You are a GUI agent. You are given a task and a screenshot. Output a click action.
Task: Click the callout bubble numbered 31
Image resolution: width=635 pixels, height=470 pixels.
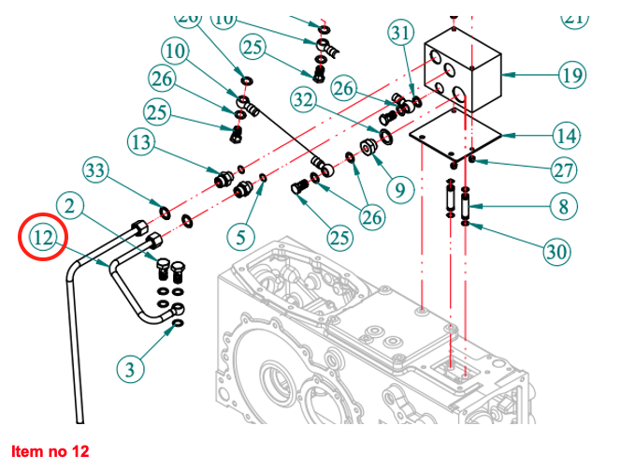[x=400, y=34]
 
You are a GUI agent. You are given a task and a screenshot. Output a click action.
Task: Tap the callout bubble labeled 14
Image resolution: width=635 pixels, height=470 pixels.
[x=566, y=136]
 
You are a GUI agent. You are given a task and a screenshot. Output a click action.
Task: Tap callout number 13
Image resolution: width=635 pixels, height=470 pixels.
[x=140, y=142]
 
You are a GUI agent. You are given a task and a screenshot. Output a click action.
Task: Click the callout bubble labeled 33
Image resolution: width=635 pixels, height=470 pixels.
[x=96, y=170]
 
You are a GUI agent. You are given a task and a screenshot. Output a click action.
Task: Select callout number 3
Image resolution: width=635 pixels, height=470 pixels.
[x=130, y=369]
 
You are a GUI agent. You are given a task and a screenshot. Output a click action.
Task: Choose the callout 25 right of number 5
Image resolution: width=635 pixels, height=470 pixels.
[x=338, y=237]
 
